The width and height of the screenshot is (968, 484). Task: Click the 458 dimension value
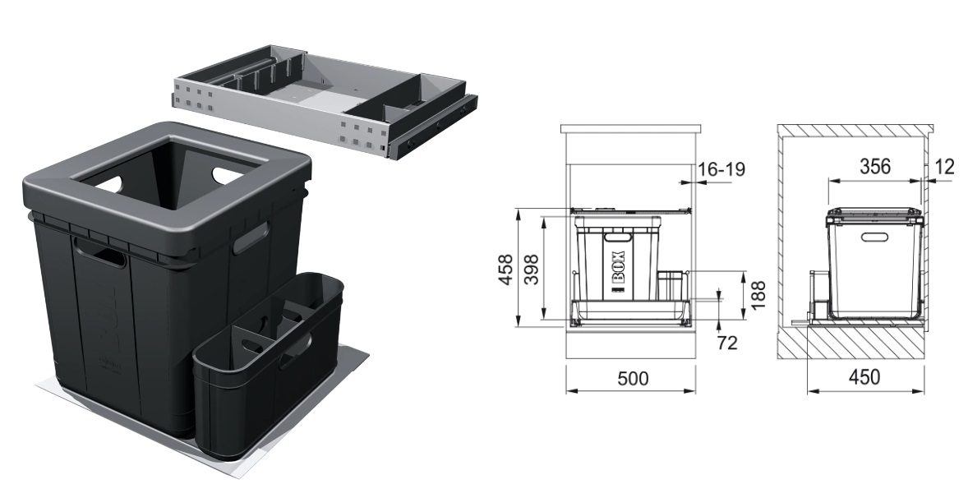click(505, 270)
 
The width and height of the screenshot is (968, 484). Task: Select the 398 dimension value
click(532, 270)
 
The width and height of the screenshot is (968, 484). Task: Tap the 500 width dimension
click(633, 378)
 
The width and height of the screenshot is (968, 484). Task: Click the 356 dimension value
click(875, 166)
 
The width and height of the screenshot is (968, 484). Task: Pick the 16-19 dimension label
click(721, 168)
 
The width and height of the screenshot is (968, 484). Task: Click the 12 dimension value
click(944, 166)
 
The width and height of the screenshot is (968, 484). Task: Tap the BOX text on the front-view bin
click(618, 267)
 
